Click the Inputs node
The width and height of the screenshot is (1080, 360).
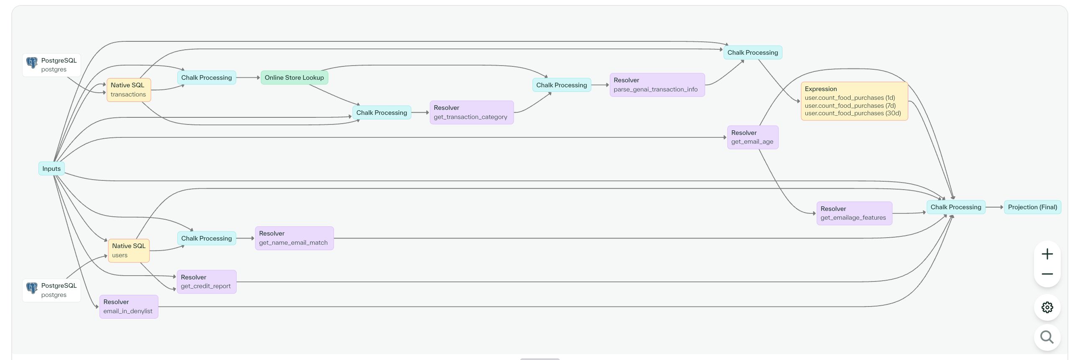pos(51,168)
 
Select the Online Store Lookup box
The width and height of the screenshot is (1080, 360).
pos(294,78)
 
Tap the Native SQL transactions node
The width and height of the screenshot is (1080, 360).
pos(128,90)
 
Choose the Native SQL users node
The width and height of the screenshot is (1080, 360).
pos(129,251)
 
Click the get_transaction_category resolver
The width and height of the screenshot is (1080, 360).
pos(471,112)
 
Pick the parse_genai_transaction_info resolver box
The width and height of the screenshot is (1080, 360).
pos(657,85)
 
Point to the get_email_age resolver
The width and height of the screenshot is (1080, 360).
pos(753,137)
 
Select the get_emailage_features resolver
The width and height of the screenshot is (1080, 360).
pos(854,213)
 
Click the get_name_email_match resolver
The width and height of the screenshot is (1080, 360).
pos(294,238)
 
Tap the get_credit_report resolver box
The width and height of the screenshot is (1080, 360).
pos(206,281)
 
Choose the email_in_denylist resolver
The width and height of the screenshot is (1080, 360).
pos(128,307)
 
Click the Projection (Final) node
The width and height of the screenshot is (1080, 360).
pos(1032,207)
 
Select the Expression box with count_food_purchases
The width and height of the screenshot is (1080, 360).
pos(854,101)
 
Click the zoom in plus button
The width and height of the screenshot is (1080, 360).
pos(1047,254)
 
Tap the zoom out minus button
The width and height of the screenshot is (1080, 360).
pos(1047,274)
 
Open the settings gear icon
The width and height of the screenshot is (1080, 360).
pos(1047,307)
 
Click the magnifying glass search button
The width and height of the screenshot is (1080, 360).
pos(1047,337)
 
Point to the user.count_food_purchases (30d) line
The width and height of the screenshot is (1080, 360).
pos(852,113)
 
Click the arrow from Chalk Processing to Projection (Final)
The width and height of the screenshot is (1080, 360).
pos(994,207)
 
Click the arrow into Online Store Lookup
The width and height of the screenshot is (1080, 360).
pos(248,78)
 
